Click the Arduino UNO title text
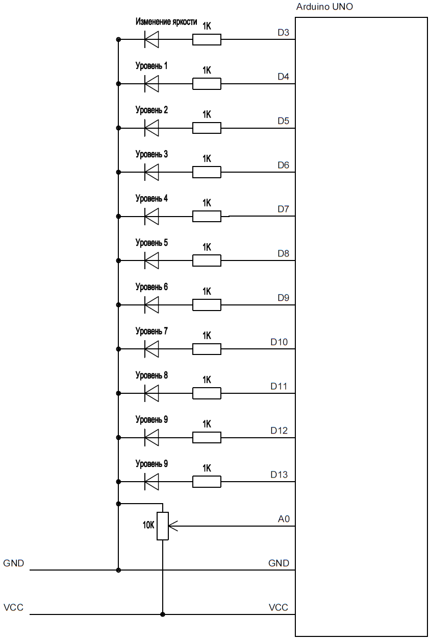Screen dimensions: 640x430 coord(324,7)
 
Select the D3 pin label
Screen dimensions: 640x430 coord(284,33)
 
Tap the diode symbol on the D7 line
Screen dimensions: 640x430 coord(151,217)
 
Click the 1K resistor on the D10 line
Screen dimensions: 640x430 coord(207,349)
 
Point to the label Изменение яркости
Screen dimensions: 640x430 coord(166,22)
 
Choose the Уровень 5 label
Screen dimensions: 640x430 coord(151,243)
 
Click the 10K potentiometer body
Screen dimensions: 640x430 coord(163,526)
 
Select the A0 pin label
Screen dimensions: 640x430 coord(284,519)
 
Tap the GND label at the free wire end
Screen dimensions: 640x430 coord(13,563)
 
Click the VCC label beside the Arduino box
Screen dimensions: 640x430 coord(278,607)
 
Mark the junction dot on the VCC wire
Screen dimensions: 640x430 coord(163,614)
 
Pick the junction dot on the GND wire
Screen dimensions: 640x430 coord(118,570)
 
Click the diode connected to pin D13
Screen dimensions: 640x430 coord(151,481)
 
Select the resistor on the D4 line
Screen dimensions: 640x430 coord(207,84)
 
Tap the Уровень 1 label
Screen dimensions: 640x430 coord(151,66)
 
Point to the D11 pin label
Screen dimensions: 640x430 coord(279,386)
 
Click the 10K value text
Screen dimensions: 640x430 coord(148,525)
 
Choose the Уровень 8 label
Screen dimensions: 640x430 coord(151,375)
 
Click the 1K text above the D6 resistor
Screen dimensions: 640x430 coord(207,158)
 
